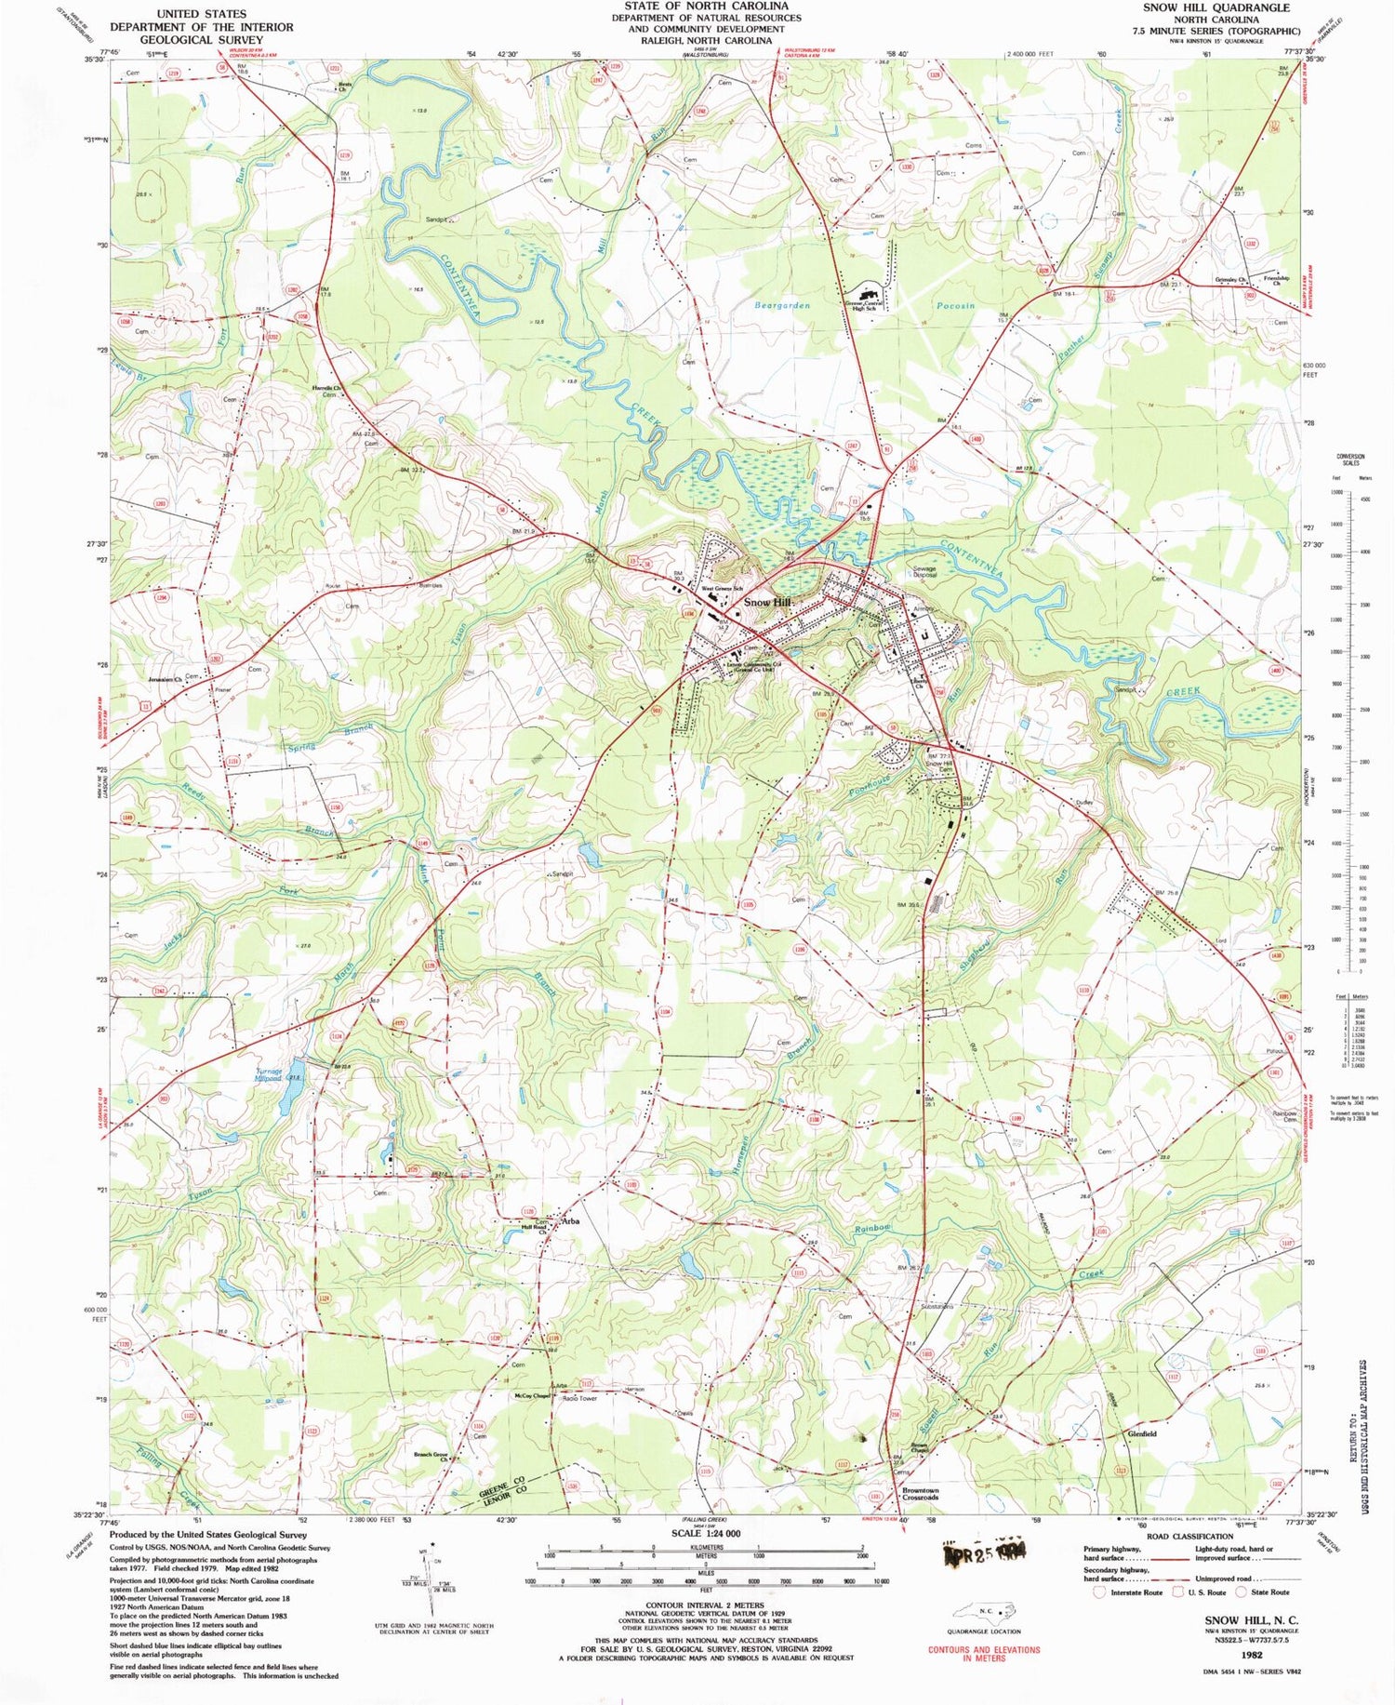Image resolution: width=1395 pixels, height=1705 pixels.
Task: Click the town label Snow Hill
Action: [x=767, y=603]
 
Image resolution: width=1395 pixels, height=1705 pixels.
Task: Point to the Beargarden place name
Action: [x=781, y=305]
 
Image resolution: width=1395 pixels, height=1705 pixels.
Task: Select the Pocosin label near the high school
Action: [x=955, y=305]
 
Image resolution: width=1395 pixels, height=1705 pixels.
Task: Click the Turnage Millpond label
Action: [x=269, y=1074]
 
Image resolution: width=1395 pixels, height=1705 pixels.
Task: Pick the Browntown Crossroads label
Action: [x=920, y=1494]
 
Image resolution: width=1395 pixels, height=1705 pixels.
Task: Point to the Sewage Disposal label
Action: [x=923, y=571]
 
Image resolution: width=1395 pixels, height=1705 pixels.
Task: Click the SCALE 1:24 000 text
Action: [x=706, y=1532]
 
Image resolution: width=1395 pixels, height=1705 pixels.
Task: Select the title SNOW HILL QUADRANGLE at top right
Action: [x=1216, y=7]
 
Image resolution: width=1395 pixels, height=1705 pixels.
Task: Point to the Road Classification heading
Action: [x=1189, y=1537]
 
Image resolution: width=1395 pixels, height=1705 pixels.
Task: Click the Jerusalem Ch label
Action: [x=165, y=679]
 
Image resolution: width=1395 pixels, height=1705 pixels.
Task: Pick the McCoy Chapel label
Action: [x=532, y=1395]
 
